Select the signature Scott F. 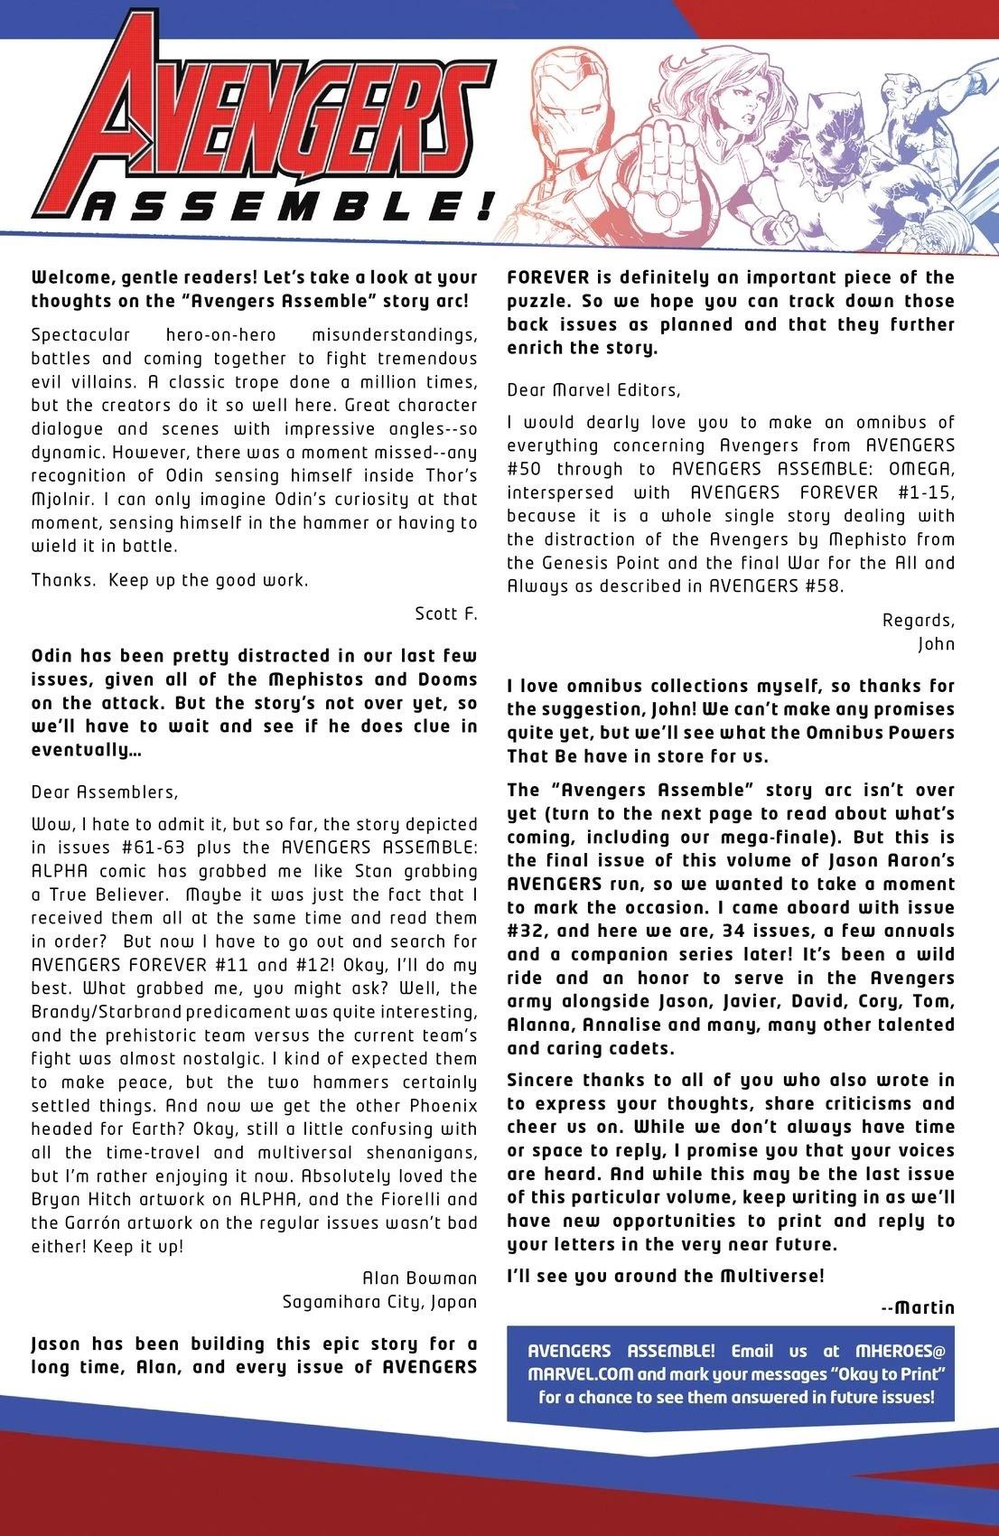point(445,614)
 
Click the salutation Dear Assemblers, point(105,792)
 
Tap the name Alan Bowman point(419,1278)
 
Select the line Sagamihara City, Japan point(379,1302)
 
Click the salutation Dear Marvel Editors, point(593,390)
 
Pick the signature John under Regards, point(936,645)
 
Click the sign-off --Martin point(917,1307)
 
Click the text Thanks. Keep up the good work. point(170,580)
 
